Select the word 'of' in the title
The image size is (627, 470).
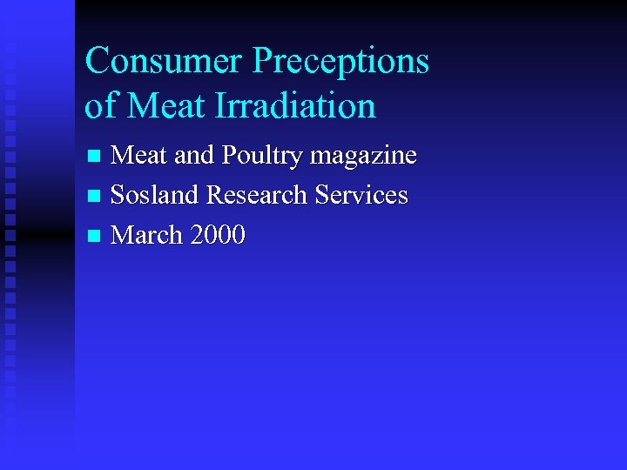(x=101, y=105)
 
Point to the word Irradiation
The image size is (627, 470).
(x=297, y=106)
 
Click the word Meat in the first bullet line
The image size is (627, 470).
(x=140, y=156)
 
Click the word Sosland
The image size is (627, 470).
(x=155, y=195)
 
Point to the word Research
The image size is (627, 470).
(x=258, y=195)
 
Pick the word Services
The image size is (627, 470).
(x=361, y=195)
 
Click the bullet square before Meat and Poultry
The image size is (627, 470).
(x=96, y=158)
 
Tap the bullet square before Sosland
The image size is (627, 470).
(x=96, y=197)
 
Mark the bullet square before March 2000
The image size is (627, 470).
(x=96, y=237)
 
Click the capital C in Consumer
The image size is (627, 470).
(x=98, y=62)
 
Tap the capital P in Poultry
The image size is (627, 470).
(x=230, y=156)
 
